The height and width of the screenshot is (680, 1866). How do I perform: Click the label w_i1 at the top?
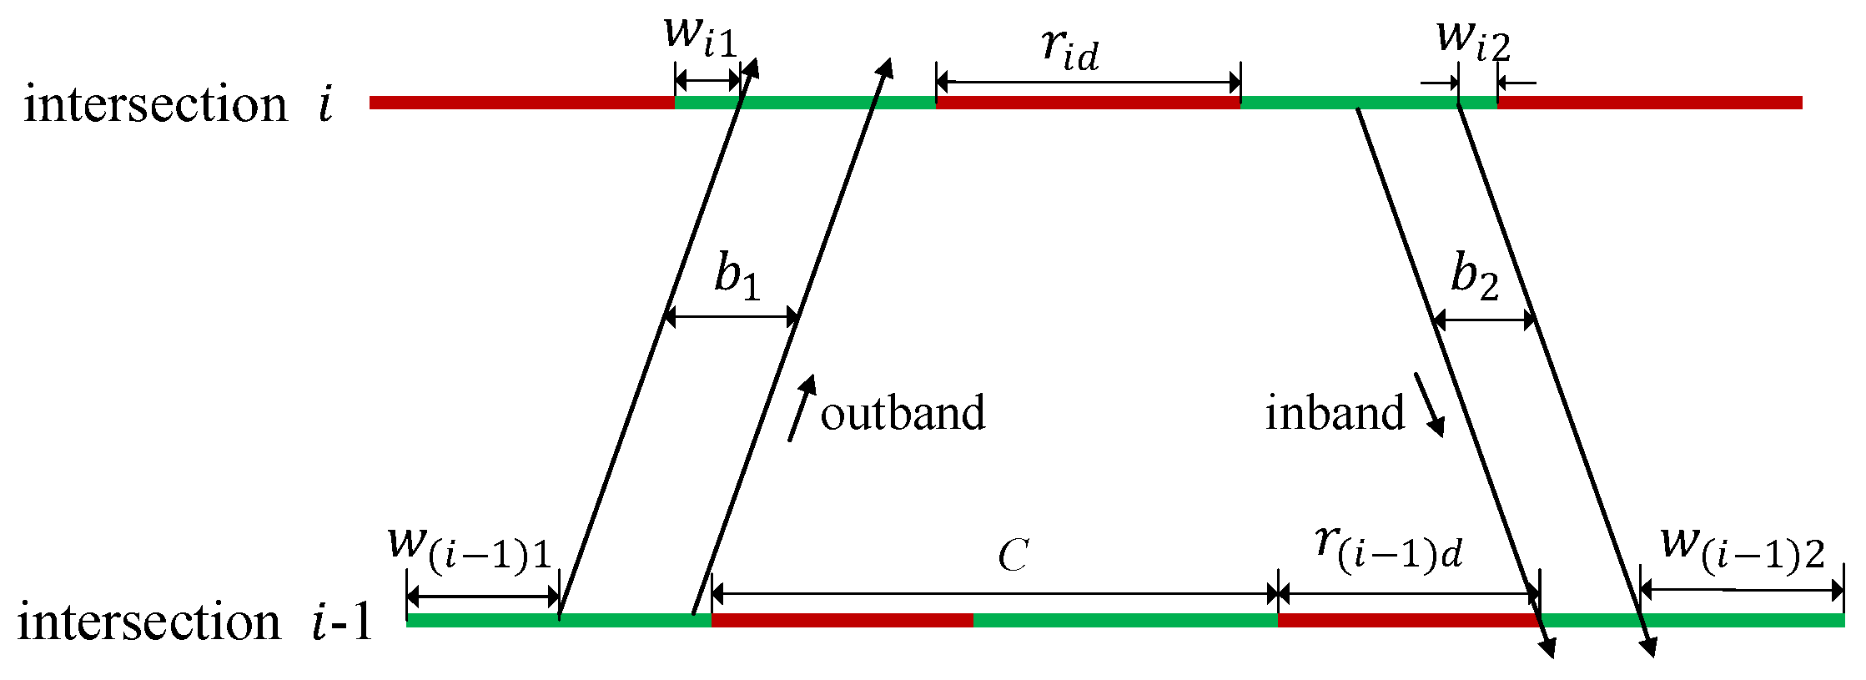tap(701, 38)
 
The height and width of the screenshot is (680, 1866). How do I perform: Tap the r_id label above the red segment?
tap(1071, 50)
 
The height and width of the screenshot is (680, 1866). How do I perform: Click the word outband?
tap(903, 414)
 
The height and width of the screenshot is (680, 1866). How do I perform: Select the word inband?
tap(1335, 414)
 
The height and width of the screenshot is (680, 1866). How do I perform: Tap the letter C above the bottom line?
tap(1013, 556)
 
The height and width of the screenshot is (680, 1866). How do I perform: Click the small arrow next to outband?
tap(802, 408)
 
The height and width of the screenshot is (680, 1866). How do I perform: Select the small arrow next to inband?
tap(1429, 405)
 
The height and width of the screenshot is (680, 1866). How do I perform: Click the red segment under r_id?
tap(1088, 103)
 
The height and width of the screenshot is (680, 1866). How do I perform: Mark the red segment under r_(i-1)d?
tap(1408, 620)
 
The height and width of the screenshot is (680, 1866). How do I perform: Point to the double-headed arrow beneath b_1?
tap(732, 317)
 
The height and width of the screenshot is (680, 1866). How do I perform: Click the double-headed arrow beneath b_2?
tap(1484, 319)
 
